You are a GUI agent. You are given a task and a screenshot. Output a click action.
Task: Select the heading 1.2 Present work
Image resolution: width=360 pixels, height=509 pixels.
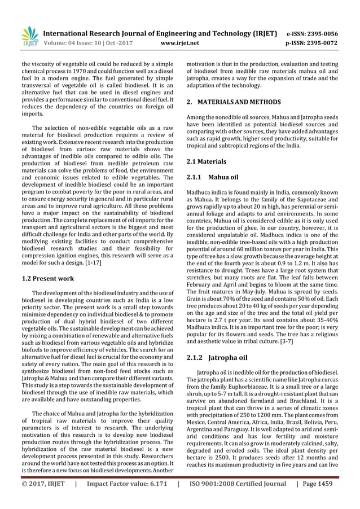pos(48,278)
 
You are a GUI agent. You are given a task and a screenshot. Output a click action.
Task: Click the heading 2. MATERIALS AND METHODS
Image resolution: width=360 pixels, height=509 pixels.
pos(234,102)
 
